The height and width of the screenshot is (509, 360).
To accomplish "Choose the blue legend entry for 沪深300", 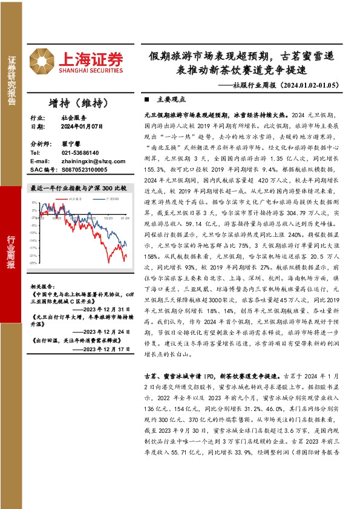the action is point(110,198).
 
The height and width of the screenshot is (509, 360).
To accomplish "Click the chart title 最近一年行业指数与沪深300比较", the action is point(79,188).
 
